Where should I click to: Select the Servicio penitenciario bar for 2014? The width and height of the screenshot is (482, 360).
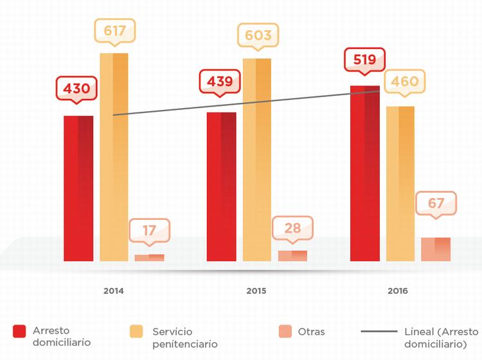point(114,157)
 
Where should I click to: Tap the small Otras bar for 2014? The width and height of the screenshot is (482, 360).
point(149,258)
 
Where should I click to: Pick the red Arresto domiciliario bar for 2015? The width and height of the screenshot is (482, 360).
point(221,186)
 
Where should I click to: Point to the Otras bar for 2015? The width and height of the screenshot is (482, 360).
point(292,256)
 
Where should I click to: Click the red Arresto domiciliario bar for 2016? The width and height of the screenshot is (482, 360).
point(364,174)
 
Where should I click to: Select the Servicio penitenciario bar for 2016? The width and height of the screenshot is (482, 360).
point(400,183)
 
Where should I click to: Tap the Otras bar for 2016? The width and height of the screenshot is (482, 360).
point(436,249)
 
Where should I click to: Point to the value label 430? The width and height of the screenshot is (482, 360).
point(76,88)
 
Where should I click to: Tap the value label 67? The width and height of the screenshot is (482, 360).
point(436,204)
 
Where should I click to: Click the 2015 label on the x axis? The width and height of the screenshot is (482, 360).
point(256,291)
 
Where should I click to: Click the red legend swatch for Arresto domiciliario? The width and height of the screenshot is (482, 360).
point(19,332)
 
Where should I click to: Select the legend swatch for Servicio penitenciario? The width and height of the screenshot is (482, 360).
point(136,332)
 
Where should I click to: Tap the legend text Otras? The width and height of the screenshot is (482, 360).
point(312,332)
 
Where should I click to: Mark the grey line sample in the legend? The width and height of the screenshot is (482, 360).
point(379,332)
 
